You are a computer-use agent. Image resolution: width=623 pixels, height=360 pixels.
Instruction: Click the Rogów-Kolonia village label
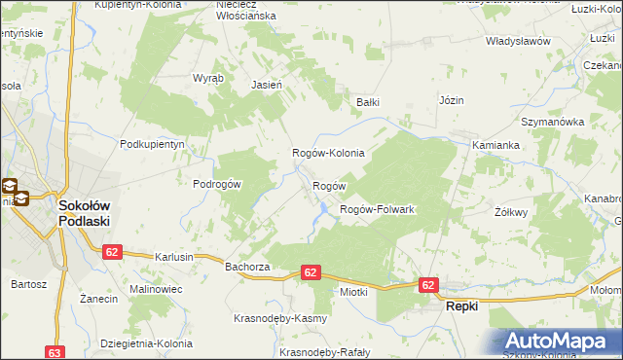[x=329, y=154]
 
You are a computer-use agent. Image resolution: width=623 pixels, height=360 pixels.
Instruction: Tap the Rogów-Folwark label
[x=377, y=210]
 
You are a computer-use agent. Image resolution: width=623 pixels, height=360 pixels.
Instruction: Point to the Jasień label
[x=267, y=85]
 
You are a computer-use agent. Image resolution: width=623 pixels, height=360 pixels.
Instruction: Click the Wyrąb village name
[x=208, y=77]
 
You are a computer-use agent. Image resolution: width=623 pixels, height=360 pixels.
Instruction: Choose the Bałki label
[x=367, y=102]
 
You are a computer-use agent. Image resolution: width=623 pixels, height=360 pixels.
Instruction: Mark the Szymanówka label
[x=551, y=123]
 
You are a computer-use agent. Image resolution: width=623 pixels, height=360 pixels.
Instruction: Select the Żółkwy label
[x=510, y=212]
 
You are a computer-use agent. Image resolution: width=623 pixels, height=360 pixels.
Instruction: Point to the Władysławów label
[x=518, y=42]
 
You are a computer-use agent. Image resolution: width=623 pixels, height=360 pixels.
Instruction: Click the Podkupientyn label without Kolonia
[x=152, y=144]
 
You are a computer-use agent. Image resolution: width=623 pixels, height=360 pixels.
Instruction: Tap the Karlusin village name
[x=174, y=257]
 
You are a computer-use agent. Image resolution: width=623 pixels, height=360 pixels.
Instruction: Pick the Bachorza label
[x=246, y=266]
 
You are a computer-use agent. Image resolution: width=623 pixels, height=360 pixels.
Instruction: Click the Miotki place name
[x=352, y=291]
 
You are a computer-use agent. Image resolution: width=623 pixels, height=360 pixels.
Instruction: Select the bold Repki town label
[x=462, y=306]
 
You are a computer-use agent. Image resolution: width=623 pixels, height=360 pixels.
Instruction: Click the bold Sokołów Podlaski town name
[x=85, y=213]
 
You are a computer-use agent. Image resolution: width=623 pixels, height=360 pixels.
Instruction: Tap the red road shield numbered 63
[x=55, y=353]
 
